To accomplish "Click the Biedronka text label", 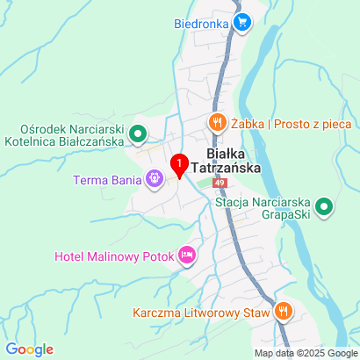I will point(202,24).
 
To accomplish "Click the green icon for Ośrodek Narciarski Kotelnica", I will point(137,134).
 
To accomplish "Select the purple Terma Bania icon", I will point(155,180).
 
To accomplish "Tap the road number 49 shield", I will point(219,183).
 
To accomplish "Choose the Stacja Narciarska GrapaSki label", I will point(263,206).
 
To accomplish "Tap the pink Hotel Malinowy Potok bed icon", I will point(186,256).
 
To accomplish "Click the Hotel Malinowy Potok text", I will point(113,256).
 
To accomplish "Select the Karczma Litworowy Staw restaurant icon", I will point(283,310).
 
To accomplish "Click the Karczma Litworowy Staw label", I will point(202,311).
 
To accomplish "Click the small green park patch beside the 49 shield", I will point(204,183).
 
